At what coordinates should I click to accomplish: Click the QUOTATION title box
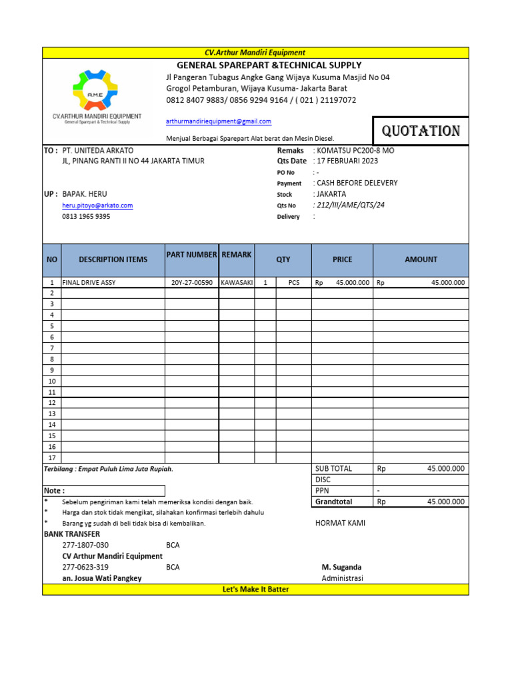coord(420,131)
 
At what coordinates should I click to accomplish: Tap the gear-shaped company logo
coord(95,89)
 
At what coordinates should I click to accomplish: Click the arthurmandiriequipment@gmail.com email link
coord(219,121)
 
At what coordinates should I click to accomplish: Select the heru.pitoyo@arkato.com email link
coord(97,205)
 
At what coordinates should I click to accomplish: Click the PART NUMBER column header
coord(192,255)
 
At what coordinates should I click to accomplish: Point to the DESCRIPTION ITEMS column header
coord(113,259)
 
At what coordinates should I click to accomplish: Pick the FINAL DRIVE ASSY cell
coord(89,283)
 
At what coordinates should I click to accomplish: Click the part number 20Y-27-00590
coord(192,283)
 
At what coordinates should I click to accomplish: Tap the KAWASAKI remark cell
coord(237,283)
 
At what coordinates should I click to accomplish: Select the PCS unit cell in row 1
coord(294,283)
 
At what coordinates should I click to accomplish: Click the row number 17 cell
coord(51,458)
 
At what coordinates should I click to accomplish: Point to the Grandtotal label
coord(334,502)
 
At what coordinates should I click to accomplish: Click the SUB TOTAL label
coord(333,469)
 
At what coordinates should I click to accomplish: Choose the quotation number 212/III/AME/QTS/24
coord(350,205)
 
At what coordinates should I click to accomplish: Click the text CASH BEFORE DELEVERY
coord(357,183)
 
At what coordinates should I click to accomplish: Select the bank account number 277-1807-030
coord(85,545)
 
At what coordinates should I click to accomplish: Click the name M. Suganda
coord(341,567)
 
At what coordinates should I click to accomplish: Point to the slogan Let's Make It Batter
coord(255,590)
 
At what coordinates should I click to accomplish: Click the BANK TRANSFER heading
coord(72,534)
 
